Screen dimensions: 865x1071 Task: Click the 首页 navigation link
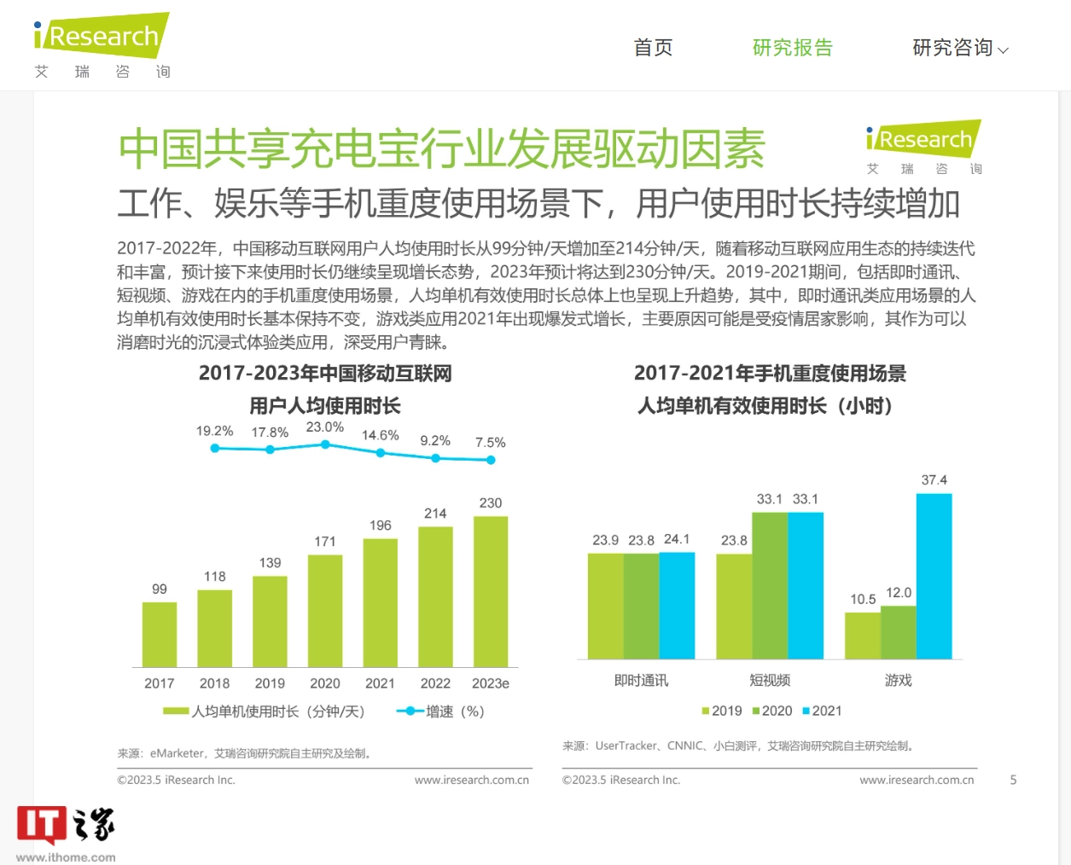tap(653, 48)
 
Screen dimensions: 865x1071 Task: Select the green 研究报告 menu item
tap(792, 48)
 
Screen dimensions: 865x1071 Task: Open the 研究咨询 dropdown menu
tap(959, 48)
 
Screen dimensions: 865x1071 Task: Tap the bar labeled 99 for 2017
tap(160, 635)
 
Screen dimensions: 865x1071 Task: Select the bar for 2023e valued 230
tap(491, 591)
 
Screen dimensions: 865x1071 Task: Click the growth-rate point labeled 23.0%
tap(325, 444)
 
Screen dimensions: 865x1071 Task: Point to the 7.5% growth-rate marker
tap(491, 460)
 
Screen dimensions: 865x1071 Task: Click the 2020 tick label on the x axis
tap(325, 683)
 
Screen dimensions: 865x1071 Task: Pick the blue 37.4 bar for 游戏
tap(934, 576)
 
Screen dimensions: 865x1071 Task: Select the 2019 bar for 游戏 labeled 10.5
tap(862, 636)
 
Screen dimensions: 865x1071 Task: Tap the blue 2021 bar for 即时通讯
tap(677, 606)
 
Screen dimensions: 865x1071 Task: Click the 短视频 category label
tap(770, 680)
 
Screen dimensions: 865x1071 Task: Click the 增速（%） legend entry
tap(441, 711)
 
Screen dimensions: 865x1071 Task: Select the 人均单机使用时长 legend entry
tap(265, 711)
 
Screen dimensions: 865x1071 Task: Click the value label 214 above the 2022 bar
tap(435, 514)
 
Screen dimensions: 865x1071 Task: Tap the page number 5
tap(1013, 780)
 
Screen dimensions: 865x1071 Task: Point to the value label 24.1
tap(677, 539)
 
